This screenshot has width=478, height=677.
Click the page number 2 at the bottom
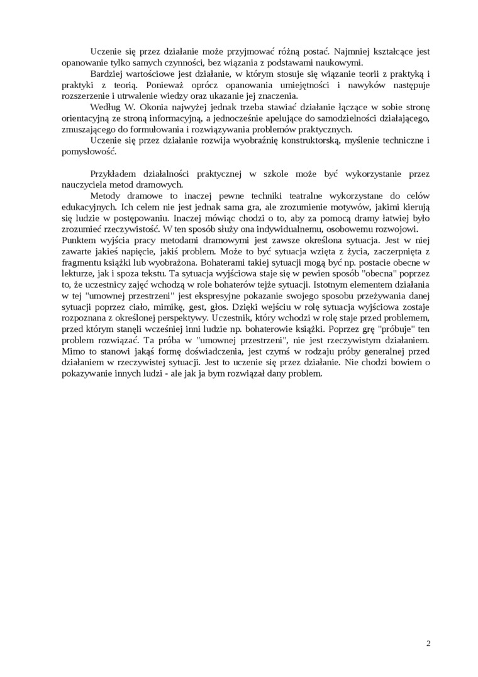(428, 643)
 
